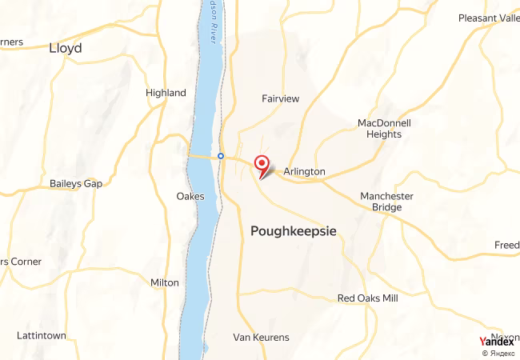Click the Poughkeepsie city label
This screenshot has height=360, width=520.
[x=294, y=231]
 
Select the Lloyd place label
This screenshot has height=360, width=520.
[x=65, y=48]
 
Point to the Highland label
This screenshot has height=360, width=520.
[x=166, y=93]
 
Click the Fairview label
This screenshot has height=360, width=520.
[x=280, y=98]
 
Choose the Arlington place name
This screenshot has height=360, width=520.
[x=304, y=171]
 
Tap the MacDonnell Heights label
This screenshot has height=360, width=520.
[x=384, y=129]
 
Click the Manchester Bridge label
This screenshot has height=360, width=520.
[x=386, y=202]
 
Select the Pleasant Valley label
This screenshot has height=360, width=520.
[x=489, y=18]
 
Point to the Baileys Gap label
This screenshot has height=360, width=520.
[x=76, y=184]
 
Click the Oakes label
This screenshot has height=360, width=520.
[x=190, y=196]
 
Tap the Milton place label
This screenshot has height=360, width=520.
[x=165, y=282]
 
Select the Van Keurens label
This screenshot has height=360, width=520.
[x=261, y=338]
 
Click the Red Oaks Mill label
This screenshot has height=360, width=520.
[x=367, y=298]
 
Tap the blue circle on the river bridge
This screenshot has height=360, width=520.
[x=220, y=155]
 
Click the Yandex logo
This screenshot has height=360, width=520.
[x=496, y=342]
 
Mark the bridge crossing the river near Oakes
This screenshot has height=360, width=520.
[x=204, y=156]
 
